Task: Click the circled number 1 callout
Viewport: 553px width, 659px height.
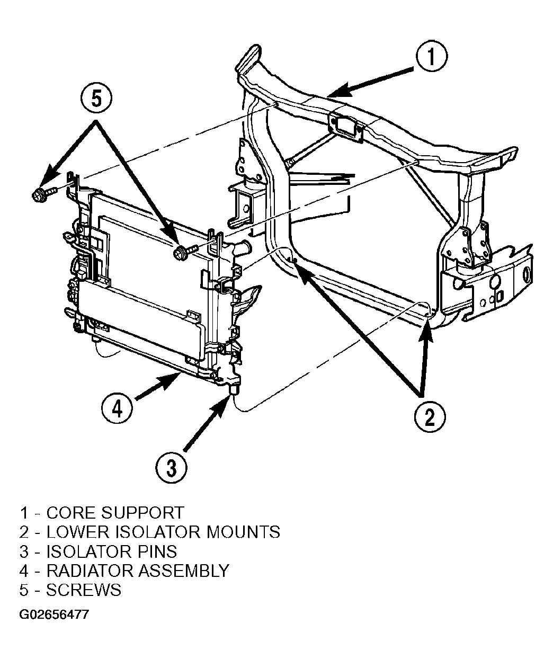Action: click(x=431, y=57)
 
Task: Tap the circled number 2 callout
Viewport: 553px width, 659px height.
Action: click(x=430, y=417)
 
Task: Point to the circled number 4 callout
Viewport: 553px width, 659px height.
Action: click(x=117, y=409)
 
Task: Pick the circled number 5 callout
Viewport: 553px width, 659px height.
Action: click(x=96, y=99)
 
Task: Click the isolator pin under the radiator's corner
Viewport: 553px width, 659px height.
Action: click(x=234, y=389)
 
